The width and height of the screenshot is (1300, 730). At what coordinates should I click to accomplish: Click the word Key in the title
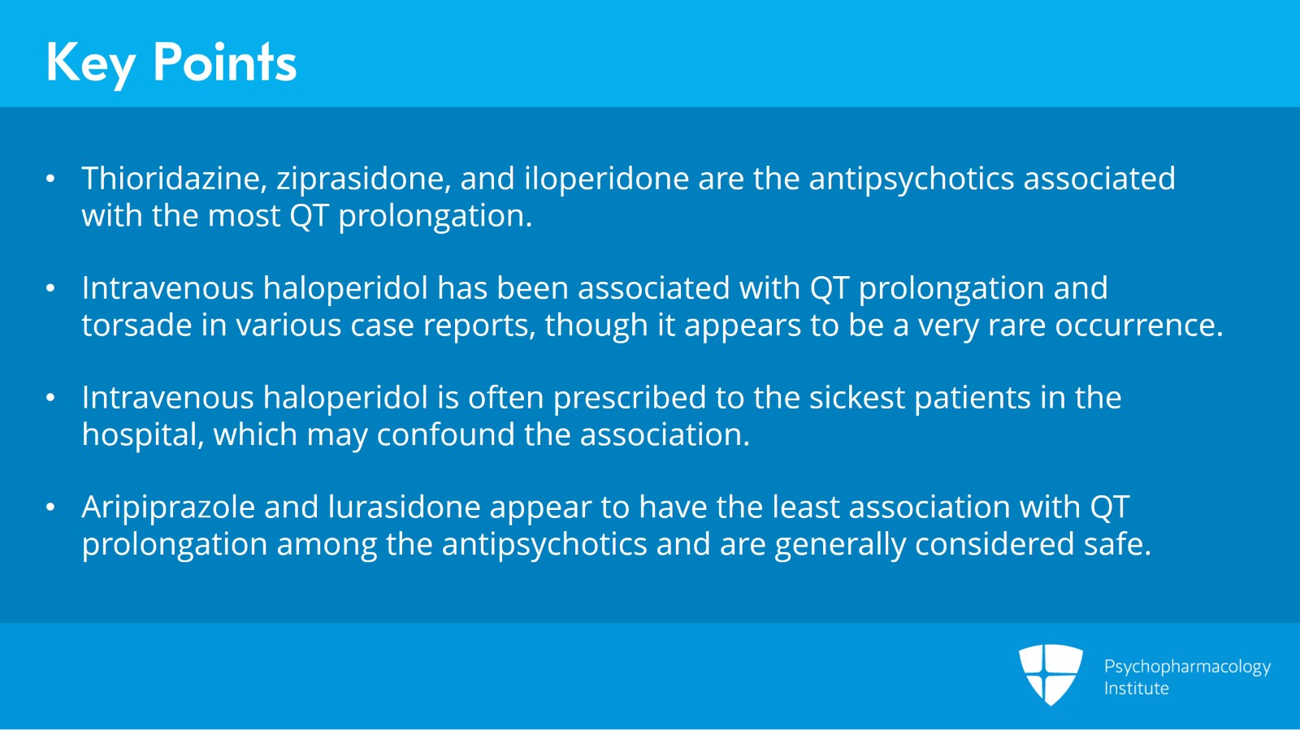coord(90,63)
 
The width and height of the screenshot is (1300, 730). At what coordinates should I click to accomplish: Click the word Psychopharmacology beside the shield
coord(1187,667)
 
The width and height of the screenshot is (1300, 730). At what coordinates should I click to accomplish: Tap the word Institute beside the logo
coord(1136,689)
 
